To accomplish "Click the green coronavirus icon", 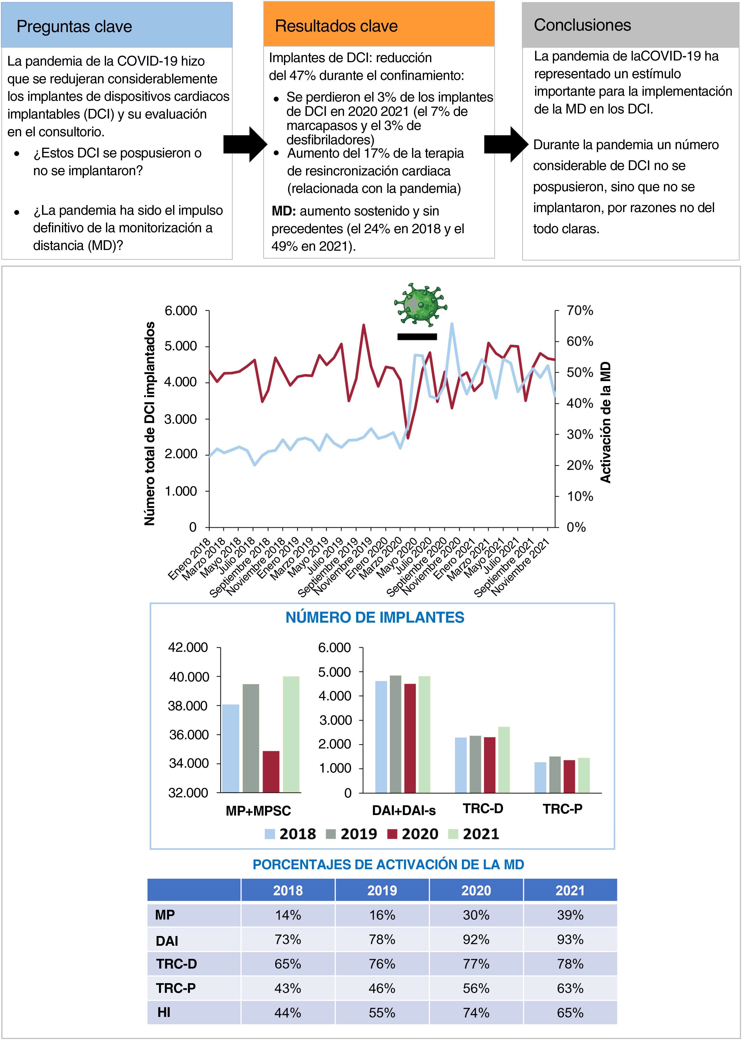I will [420, 304].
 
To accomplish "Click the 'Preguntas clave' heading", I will [74, 26].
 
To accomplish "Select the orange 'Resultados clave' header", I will [336, 26].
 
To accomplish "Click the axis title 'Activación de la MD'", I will [605, 422].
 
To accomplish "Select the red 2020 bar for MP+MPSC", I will [271, 772].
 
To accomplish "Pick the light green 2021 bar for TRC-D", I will [504, 760].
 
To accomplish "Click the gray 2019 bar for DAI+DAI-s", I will [395, 734].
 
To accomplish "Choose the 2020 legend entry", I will [413, 834].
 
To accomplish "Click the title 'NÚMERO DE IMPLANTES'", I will [375, 617].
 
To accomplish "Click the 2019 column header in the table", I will [382, 890].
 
